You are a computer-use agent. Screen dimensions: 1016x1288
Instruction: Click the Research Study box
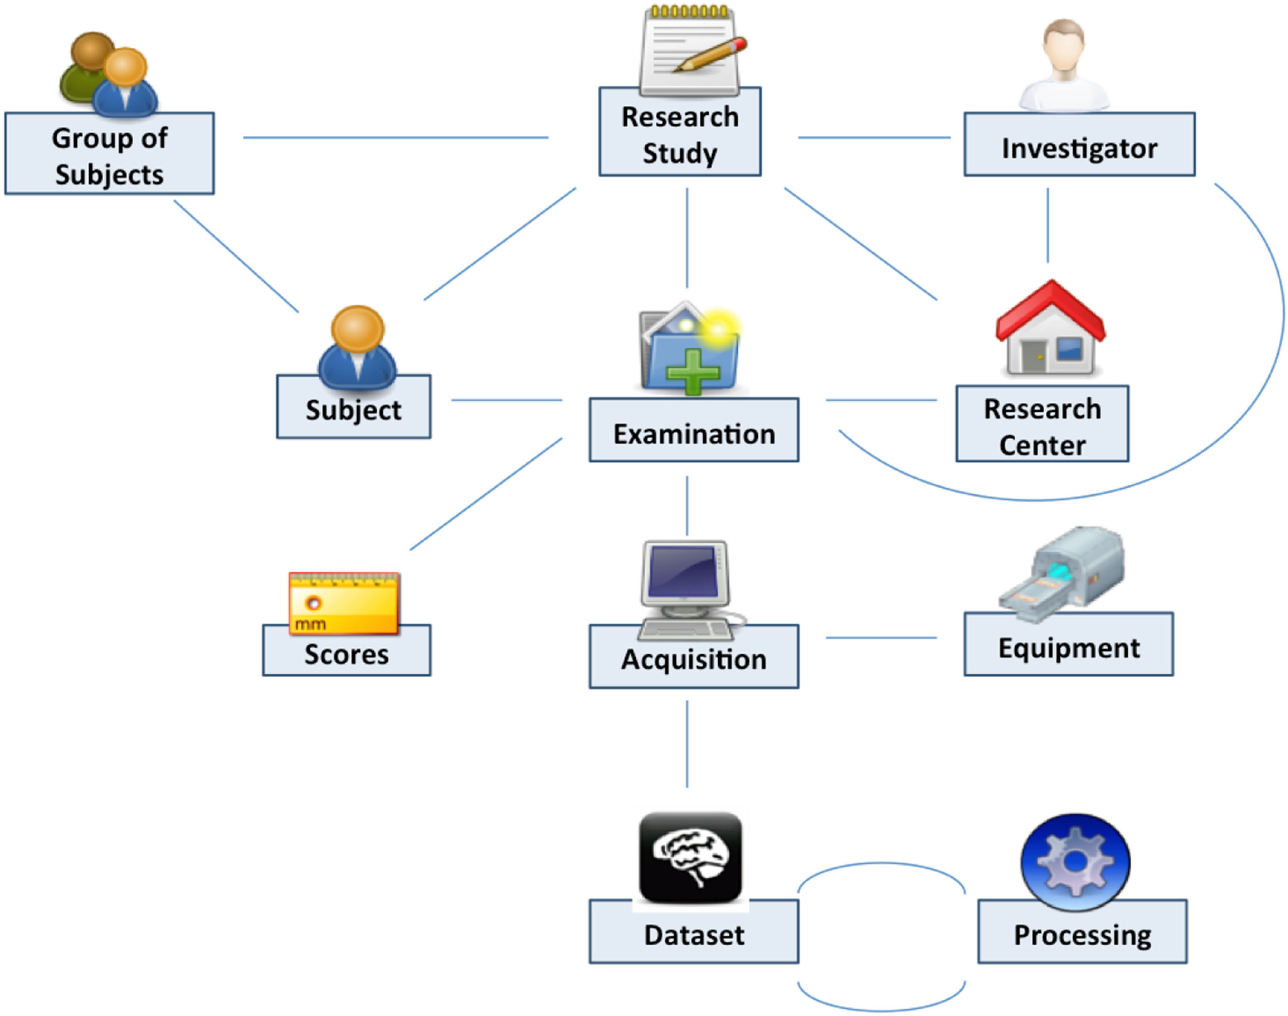coord(680,134)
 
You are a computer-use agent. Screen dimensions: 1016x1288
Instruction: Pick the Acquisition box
coord(694,659)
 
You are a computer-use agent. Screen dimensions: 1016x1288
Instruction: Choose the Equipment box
coord(1068,647)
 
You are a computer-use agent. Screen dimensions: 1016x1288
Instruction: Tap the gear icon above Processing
coord(1075,861)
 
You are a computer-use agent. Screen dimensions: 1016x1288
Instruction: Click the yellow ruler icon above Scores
coord(343,603)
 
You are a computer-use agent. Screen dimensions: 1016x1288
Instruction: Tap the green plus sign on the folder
coord(693,372)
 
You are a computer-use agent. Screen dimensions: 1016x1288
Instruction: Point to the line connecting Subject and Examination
coord(507,400)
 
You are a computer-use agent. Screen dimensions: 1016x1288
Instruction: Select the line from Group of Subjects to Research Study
coord(395,138)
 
